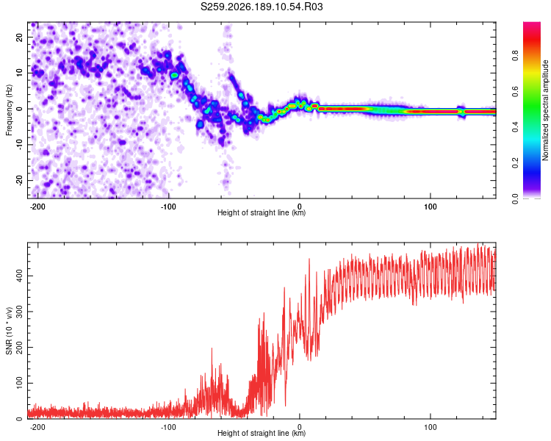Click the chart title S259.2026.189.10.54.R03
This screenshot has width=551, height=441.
[x=262, y=7]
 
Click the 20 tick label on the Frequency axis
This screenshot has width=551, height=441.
[x=19, y=37]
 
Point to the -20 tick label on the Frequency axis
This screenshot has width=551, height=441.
[x=19, y=180]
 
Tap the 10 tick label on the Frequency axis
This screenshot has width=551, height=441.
[x=19, y=73]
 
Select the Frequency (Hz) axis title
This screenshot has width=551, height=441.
[x=9, y=110]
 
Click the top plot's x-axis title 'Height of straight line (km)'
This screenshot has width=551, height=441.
[x=262, y=212]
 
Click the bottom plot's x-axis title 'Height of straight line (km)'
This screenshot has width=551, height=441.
[x=262, y=433]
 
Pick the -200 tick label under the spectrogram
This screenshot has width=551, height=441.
[x=37, y=207]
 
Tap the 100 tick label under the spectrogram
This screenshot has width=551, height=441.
[x=430, y=207]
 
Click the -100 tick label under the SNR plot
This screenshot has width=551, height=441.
[x=168, y=427]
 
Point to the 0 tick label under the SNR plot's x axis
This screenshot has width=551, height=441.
[x=300, y=427]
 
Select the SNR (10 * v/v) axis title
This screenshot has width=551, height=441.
[x=9, y=331]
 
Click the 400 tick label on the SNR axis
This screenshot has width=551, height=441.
[x=19, y=276]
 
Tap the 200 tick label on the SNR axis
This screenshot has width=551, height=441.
[x=19, y=348]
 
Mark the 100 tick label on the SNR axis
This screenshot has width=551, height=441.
[x=19, y=383]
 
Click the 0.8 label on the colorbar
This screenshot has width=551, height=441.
[x=515, y=55]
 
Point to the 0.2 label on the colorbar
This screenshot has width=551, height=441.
[x=515, y=163]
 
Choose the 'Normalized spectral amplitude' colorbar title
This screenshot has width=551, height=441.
[x=545, y=110]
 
